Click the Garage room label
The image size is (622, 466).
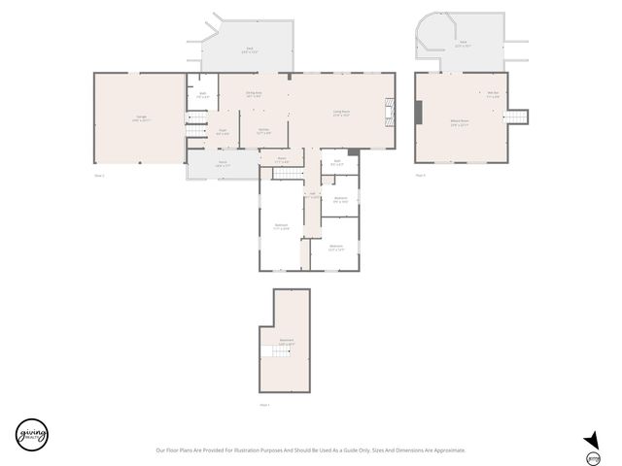[141, 117]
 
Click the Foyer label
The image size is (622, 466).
[223, 132]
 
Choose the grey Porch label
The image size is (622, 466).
[222, 164]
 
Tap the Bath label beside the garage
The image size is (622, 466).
[203, 96]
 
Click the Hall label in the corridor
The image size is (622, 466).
[312, 194]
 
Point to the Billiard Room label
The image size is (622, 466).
[460, 123]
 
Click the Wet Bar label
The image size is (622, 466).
[493, 94]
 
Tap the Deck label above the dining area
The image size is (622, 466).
[250, 50]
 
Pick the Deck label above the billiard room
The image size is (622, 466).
[464, 44]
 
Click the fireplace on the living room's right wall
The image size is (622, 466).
[391, 109]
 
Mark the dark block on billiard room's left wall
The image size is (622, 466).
[419, 113]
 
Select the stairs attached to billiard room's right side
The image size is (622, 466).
[518, 117]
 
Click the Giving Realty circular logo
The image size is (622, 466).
[31, 435]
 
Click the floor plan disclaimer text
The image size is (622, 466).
[311, 449]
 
